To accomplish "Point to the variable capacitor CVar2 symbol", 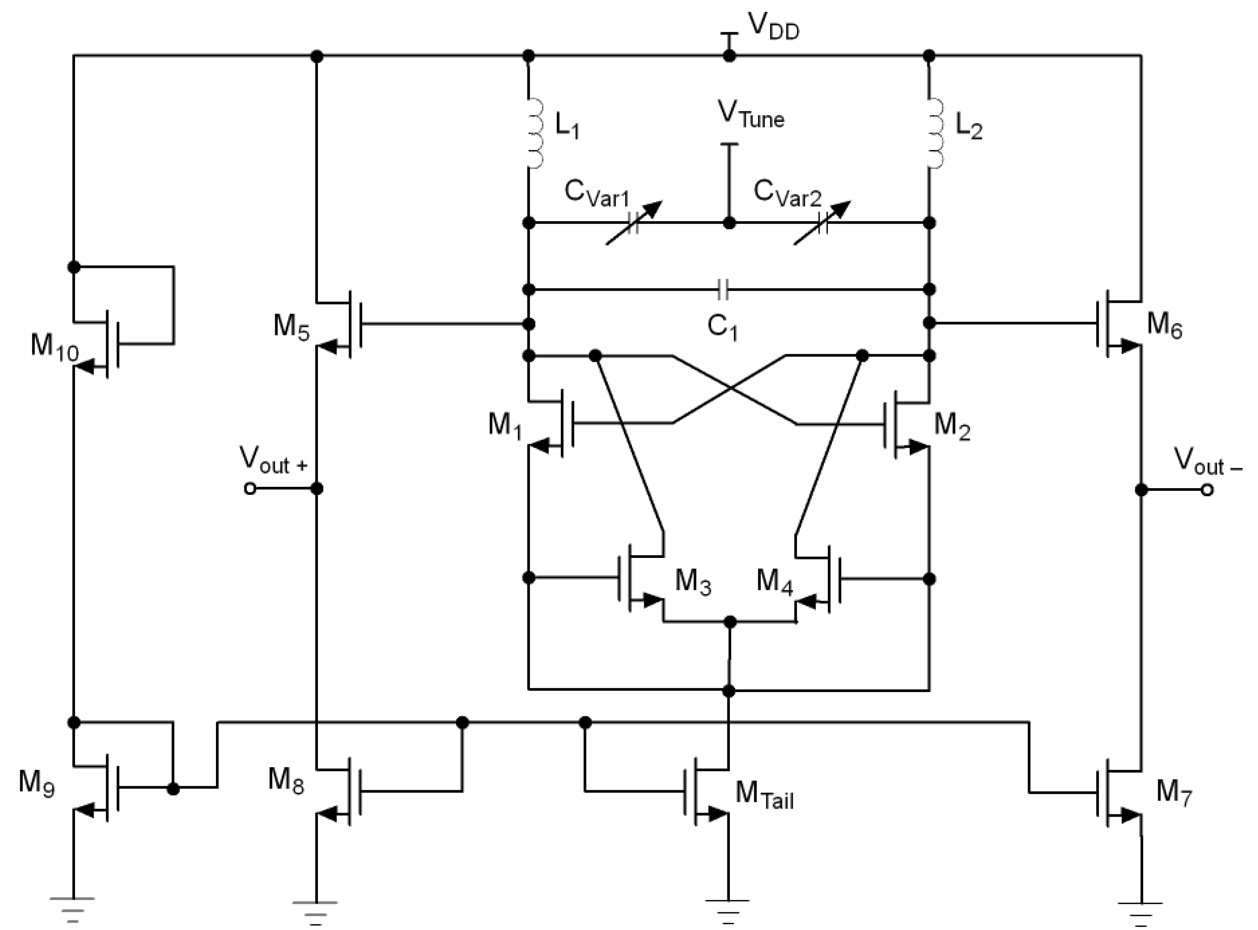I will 822,223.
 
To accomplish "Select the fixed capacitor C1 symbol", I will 724,290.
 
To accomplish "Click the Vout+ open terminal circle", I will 250,489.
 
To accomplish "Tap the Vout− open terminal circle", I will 1206,490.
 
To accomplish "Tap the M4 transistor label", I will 774,582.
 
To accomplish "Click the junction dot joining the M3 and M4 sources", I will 730,622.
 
